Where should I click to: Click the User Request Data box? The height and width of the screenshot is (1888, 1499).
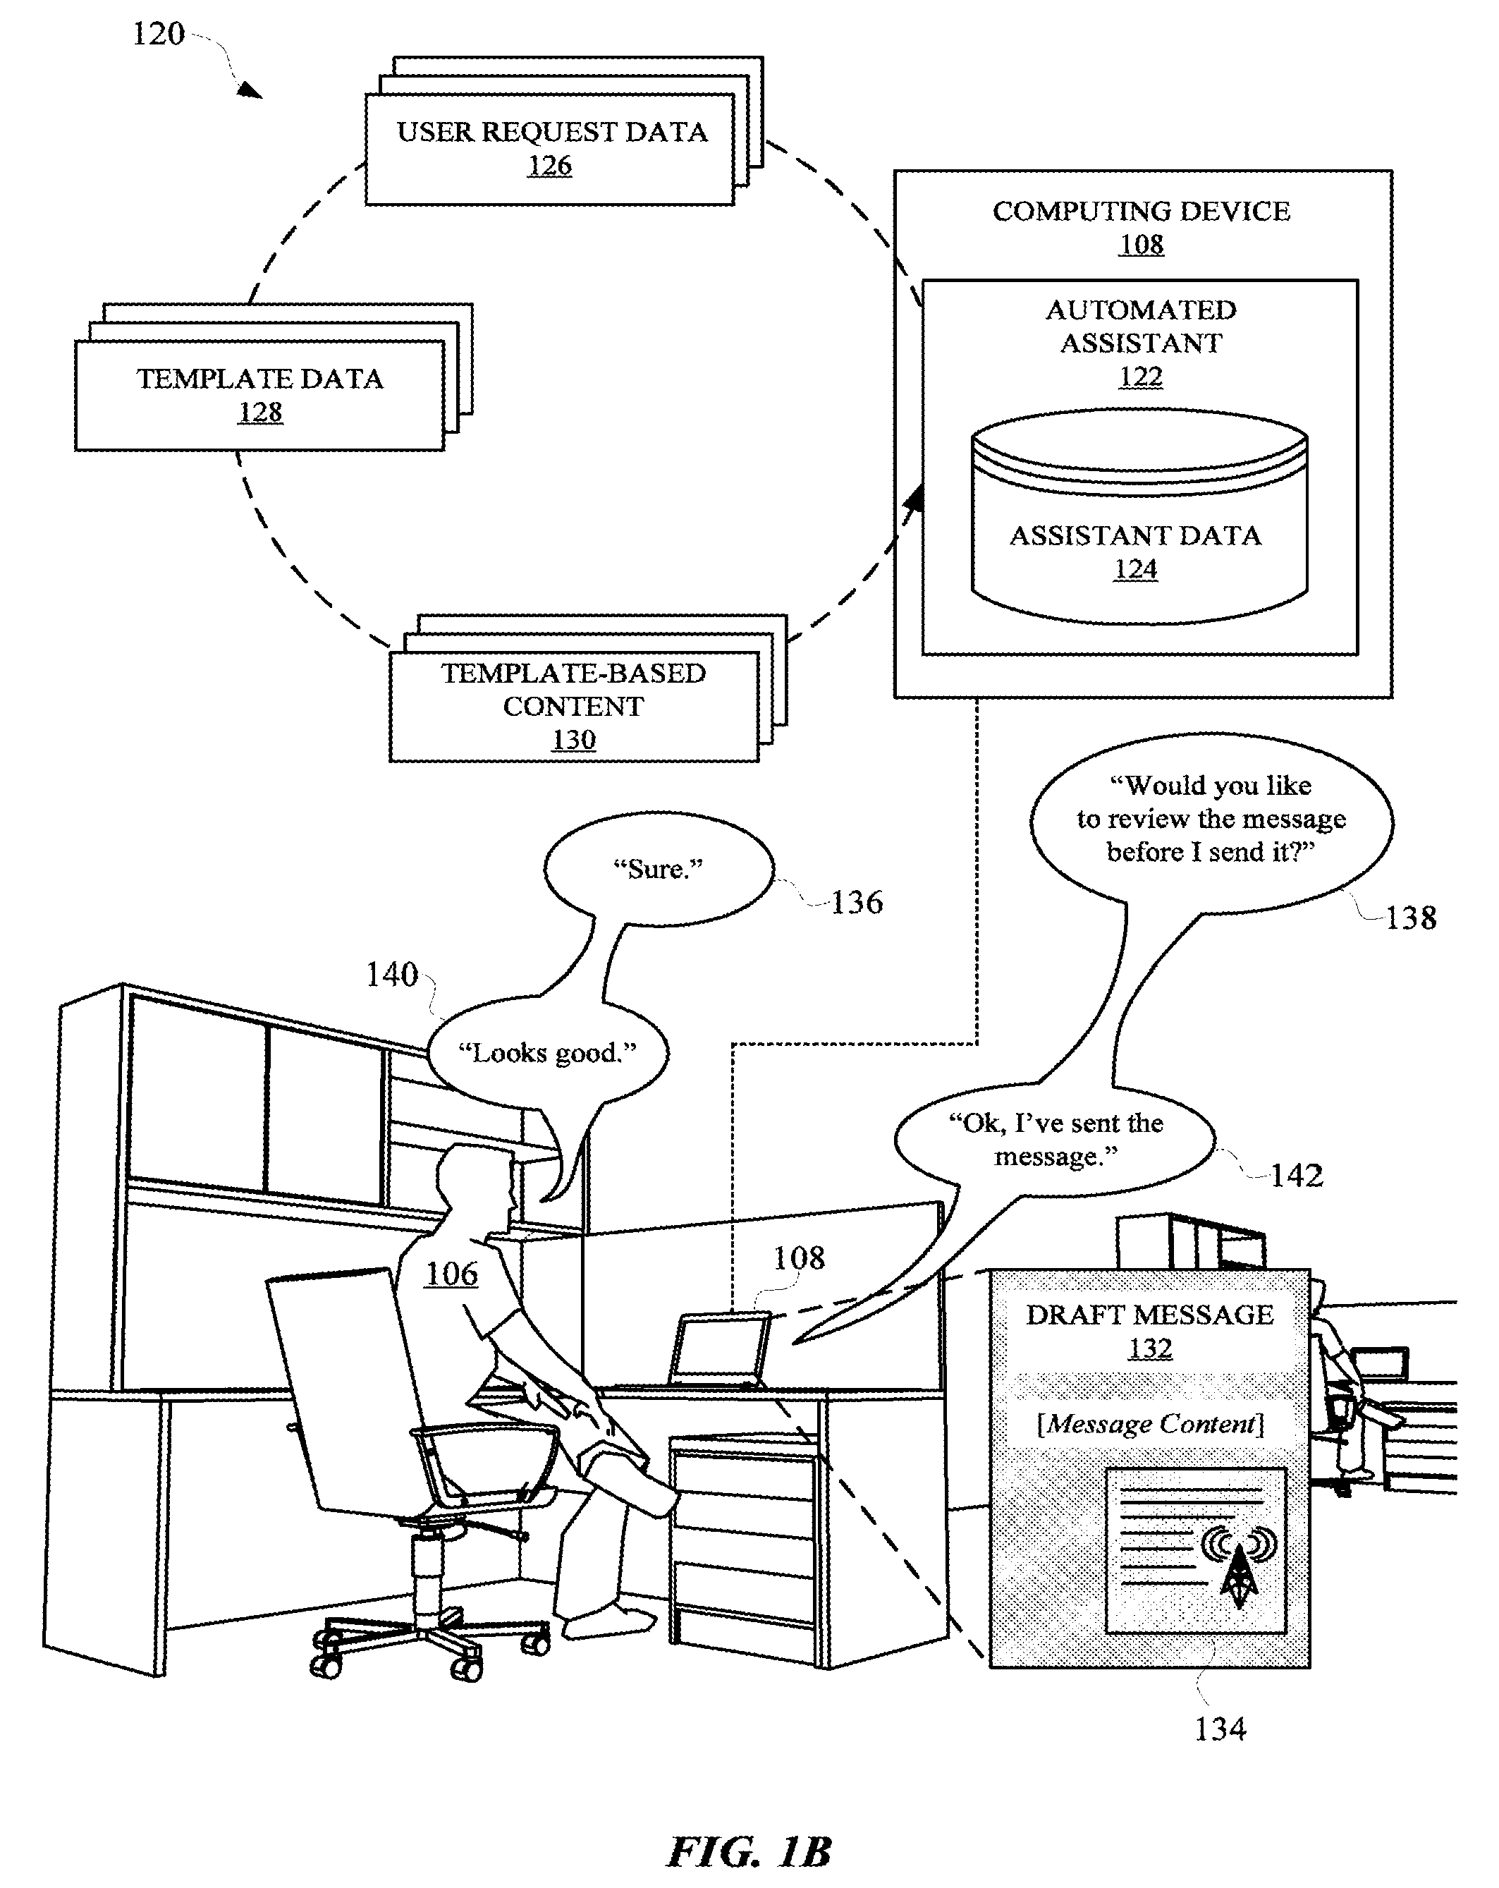549,149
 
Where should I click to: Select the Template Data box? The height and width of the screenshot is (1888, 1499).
259,395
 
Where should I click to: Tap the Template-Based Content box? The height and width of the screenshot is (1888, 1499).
573,706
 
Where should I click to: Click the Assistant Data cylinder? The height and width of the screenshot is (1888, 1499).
1139,518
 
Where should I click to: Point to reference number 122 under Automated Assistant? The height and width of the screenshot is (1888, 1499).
1140,377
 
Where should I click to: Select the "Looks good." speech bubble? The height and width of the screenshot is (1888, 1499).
548,1051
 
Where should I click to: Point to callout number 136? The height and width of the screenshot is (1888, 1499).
857,902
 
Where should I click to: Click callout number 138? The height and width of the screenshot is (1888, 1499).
1411,918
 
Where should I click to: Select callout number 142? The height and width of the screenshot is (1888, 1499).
1297,1175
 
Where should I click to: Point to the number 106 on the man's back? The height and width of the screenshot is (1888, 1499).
451,1274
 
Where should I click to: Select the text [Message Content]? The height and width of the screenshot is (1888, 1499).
1151,1424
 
